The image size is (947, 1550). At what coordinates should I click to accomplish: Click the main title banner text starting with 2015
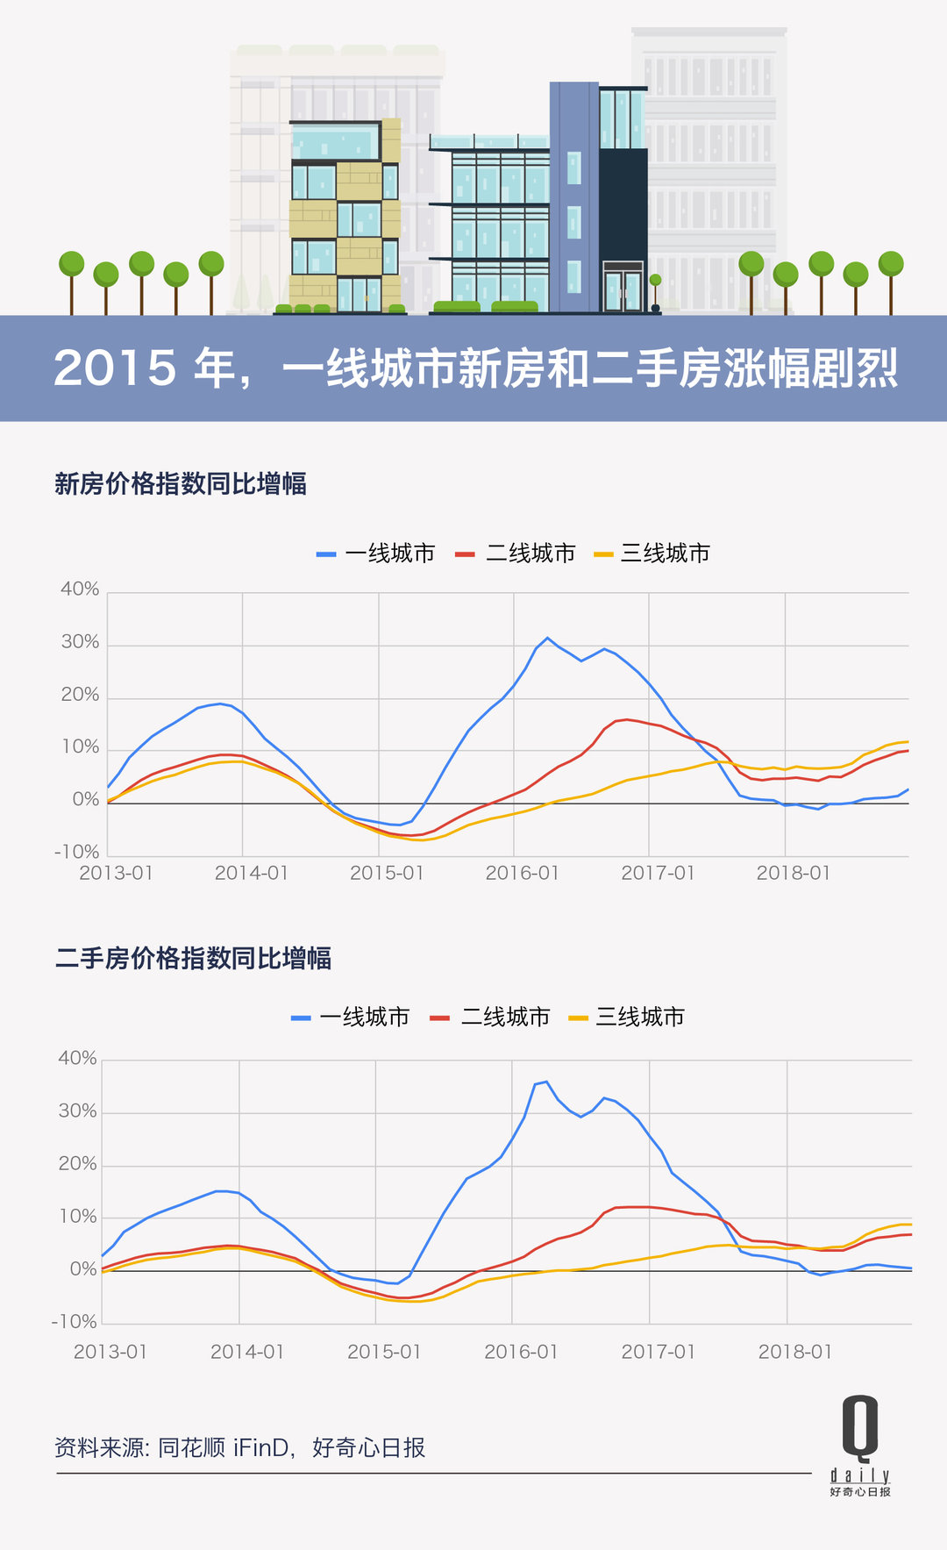[x=475, y=368]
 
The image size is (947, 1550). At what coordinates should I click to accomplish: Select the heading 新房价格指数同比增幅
[x=181, y=483]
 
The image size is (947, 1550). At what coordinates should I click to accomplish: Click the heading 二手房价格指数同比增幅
[x=193, y=958]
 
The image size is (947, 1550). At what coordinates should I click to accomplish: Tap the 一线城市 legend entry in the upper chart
[x=376, y=554]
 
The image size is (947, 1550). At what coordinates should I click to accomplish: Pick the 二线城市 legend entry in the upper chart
[x=516, y=554]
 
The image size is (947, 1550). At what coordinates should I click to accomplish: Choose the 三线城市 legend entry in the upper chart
[x=652, y=554]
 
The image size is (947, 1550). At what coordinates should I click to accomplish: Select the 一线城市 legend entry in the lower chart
[x=351, y=1017]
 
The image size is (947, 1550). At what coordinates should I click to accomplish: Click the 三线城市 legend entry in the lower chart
[x=627, y=1017]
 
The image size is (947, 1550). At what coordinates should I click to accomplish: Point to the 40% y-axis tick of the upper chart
[x=80, y=589]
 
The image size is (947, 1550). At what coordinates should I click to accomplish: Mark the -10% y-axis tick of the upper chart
[x=77, y=852]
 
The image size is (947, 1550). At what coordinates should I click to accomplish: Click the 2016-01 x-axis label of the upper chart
[x=522, y=873]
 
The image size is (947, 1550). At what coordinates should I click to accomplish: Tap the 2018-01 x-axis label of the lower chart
[x=794, y=1352]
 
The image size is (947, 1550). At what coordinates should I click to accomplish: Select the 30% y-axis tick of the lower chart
[x=77, y=1111]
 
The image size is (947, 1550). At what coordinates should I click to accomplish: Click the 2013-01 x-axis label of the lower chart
[x=110, y=1352]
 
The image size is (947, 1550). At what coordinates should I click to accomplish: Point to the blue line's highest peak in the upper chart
[x=548, y=638]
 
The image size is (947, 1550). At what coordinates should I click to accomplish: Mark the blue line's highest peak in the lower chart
[x=546, y=1082]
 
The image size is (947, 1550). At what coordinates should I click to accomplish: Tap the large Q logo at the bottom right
[x=860, y=1428]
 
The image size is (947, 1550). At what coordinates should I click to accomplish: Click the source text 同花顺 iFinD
[x=224, y=1447]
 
